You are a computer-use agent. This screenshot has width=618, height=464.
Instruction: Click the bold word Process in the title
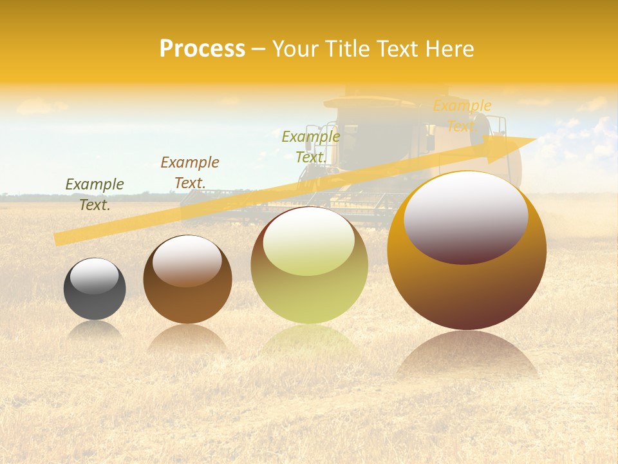[x=202, y=49]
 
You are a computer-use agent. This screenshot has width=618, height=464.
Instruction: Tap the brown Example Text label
[x=190, y=173]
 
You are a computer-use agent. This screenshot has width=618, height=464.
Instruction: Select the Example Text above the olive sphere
[x=311, y=147]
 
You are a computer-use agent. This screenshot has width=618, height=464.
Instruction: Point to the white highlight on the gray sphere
[x=95, y=276]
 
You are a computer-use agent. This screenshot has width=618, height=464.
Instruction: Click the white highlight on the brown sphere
[x=187, y=260]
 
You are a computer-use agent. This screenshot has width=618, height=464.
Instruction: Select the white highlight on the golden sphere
[x=465, y=216]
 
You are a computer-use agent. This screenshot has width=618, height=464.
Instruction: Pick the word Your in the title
[x=293, y=49]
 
